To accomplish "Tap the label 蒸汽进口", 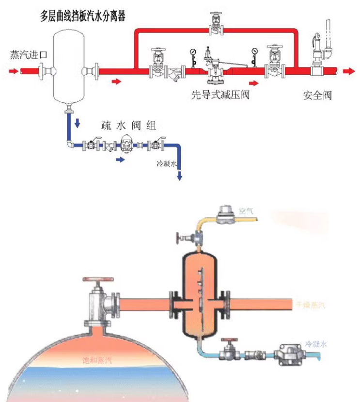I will pos(29,54).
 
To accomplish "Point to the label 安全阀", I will pos(317,95).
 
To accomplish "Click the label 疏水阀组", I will pos(128,126).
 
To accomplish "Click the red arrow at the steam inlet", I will pos(14,71).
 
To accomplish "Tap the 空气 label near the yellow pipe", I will pos(246,211).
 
